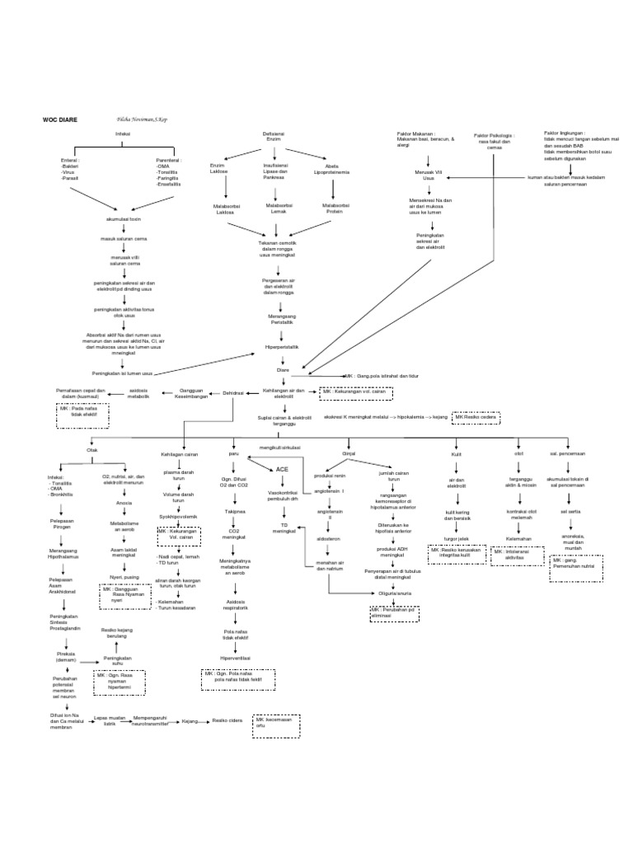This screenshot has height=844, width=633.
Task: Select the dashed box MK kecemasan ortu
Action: tap(275, 723)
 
